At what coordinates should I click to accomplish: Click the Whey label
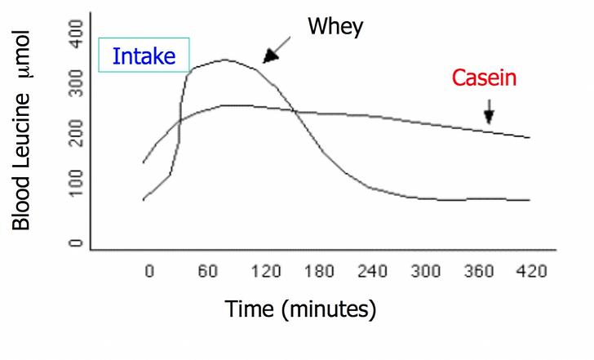tap(335, 26)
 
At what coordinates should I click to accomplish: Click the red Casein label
tap(484, 78)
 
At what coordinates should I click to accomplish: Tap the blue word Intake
tap(144, 56)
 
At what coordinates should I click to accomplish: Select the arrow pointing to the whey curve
tap(277, 50)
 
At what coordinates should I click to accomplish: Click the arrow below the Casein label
tap(489, 112)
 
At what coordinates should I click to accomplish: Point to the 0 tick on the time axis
tap(149, 271)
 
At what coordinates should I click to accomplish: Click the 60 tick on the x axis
tap(207, 271)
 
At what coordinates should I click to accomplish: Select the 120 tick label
tap(266, 271)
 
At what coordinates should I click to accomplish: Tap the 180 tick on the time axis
tap(319, 271)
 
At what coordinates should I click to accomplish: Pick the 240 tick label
tap(372, 271)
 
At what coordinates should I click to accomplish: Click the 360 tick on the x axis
tap(479, 271)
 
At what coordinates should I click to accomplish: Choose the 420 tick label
tap(532, 271)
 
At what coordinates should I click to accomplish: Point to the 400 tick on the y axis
tap(76, 34)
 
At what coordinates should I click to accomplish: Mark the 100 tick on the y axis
tap(76, 183)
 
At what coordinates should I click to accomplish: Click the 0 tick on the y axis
tap(76, 242)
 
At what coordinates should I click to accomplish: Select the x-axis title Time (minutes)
tap(300, 309)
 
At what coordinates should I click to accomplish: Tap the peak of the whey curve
tap(224, 60)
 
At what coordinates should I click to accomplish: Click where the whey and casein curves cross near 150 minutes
tap(294, 111)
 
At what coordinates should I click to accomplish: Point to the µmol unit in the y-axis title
tap(22, 55)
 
